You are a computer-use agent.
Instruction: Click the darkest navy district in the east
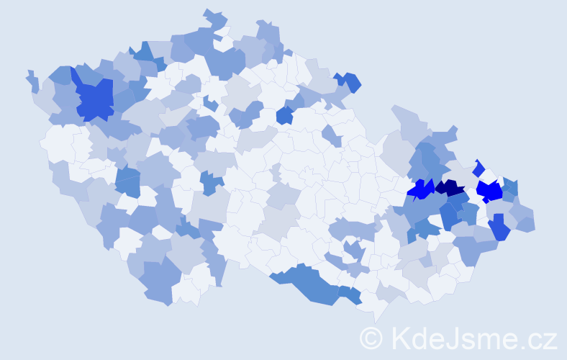click(x=450, y=188)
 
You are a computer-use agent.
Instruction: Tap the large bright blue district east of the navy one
click(x=490, y=192)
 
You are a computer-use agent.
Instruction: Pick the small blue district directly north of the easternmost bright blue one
click(x=479, y=168)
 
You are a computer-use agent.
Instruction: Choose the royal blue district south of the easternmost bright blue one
click(x=499, y=230)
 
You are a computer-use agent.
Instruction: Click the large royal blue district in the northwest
click(x=94, y=99)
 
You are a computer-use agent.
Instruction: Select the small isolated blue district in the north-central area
click(x=284, y=115)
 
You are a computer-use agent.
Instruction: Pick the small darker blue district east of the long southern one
click(x=350, y=294)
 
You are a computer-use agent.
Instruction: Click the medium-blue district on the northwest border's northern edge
click(x=143, y=53)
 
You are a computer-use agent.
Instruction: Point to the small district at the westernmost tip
click(x=31, y=78)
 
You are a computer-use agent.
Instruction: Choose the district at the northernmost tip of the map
click(x=212, y=16)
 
